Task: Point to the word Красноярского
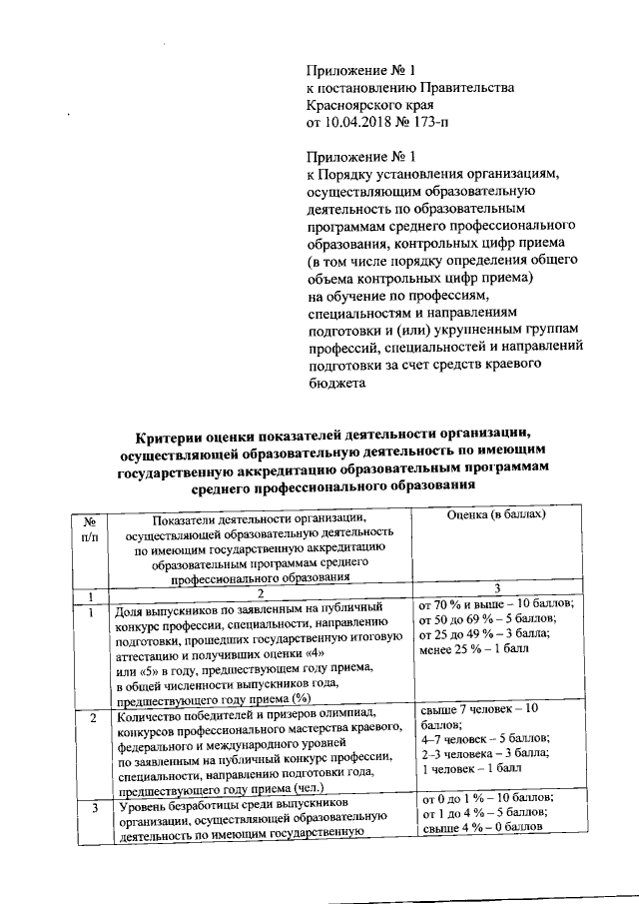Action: pyautogui.click(x=350, y=105)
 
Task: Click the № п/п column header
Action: pyautogui.click(x=90, y=527)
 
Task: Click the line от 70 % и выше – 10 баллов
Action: pyautogui.click(x=497, y=605)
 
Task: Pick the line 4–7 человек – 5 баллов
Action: pyautogui.click(x=482, y=739)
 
